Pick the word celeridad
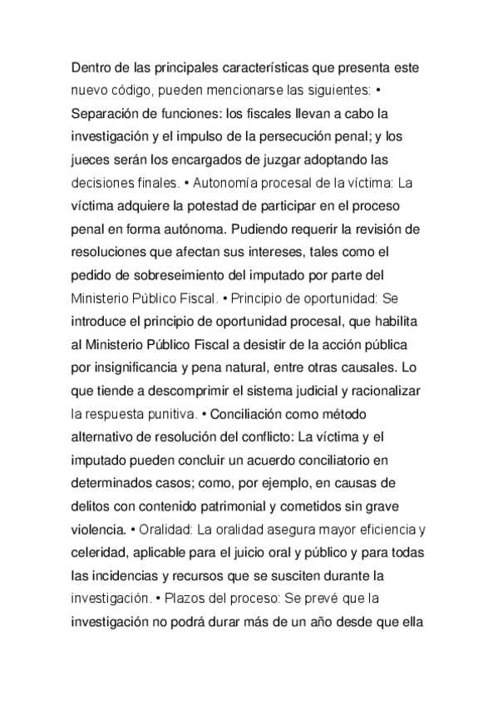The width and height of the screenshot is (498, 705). pyautogui.click(x=96, y=550)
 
